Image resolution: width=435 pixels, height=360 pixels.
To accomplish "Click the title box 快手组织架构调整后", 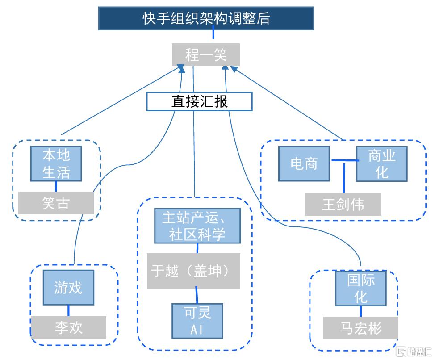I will point(206,18).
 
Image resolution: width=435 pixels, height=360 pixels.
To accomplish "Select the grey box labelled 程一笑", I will point(206,55).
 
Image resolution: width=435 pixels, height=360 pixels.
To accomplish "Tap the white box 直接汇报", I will point(200,101).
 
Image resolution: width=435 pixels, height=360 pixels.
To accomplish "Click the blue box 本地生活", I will point(56,163).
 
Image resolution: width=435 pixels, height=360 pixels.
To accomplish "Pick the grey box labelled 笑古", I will point(56,203).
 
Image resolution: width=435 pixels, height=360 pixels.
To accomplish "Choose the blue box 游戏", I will point(68,287).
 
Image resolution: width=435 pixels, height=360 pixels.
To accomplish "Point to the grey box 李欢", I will point(68,327).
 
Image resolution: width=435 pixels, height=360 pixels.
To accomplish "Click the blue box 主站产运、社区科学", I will point(197,226).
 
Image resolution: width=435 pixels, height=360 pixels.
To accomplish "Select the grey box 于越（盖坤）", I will point(193,271).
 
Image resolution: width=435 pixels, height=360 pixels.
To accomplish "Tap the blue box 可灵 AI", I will point(197,321).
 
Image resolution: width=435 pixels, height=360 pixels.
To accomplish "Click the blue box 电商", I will point(304,163).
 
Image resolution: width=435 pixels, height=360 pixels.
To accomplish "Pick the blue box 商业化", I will point(382,163).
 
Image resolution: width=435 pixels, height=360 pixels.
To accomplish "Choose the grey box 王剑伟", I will point(343,205).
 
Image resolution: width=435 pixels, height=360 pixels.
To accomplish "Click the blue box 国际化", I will point(361,288).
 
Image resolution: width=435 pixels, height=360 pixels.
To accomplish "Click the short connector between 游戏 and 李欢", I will point(68,311).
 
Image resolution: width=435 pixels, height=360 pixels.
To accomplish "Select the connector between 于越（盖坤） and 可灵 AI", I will point(196,296).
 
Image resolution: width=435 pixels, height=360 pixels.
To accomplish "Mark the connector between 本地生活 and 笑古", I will point(56,186).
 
